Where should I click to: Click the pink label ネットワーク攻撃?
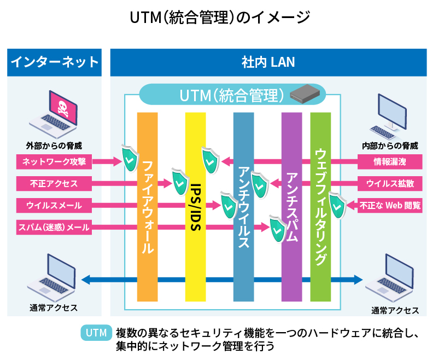pyautogui.click(x=54, y=161)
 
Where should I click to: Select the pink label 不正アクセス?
pyautogui.click(x=54, y=183)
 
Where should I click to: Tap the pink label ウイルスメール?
pyautogui.click(x=54, y=205)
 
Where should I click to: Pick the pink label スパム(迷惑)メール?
pyautogui.click(x=54, y=227)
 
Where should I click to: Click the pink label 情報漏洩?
pyautogui.click(x=390, y=161)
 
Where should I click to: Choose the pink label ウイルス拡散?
pyautogui.click(x=390, y=183)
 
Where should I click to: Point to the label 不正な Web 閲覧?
pyautogui.click(x=390, y=206)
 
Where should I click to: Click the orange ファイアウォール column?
pyautogui.click(x=147, y=208)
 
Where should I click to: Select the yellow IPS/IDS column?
pyautogui.click(x=195, y=208)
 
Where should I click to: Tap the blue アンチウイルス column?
pyautogui.click(x=243, y=208)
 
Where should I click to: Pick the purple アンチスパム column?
pyautogui.click(x=291, y=208)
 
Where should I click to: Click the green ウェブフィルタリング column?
pyautogui.click(x=320, y=208)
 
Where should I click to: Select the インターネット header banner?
pyautogui.click(x=54, y=62)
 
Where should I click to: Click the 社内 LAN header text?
pyautogui.click(x=268, y=62)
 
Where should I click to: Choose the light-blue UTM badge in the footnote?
pyautogui.click(x=96, y=333)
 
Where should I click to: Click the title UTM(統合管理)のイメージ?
pyautogui.click(x=219, y=17)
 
